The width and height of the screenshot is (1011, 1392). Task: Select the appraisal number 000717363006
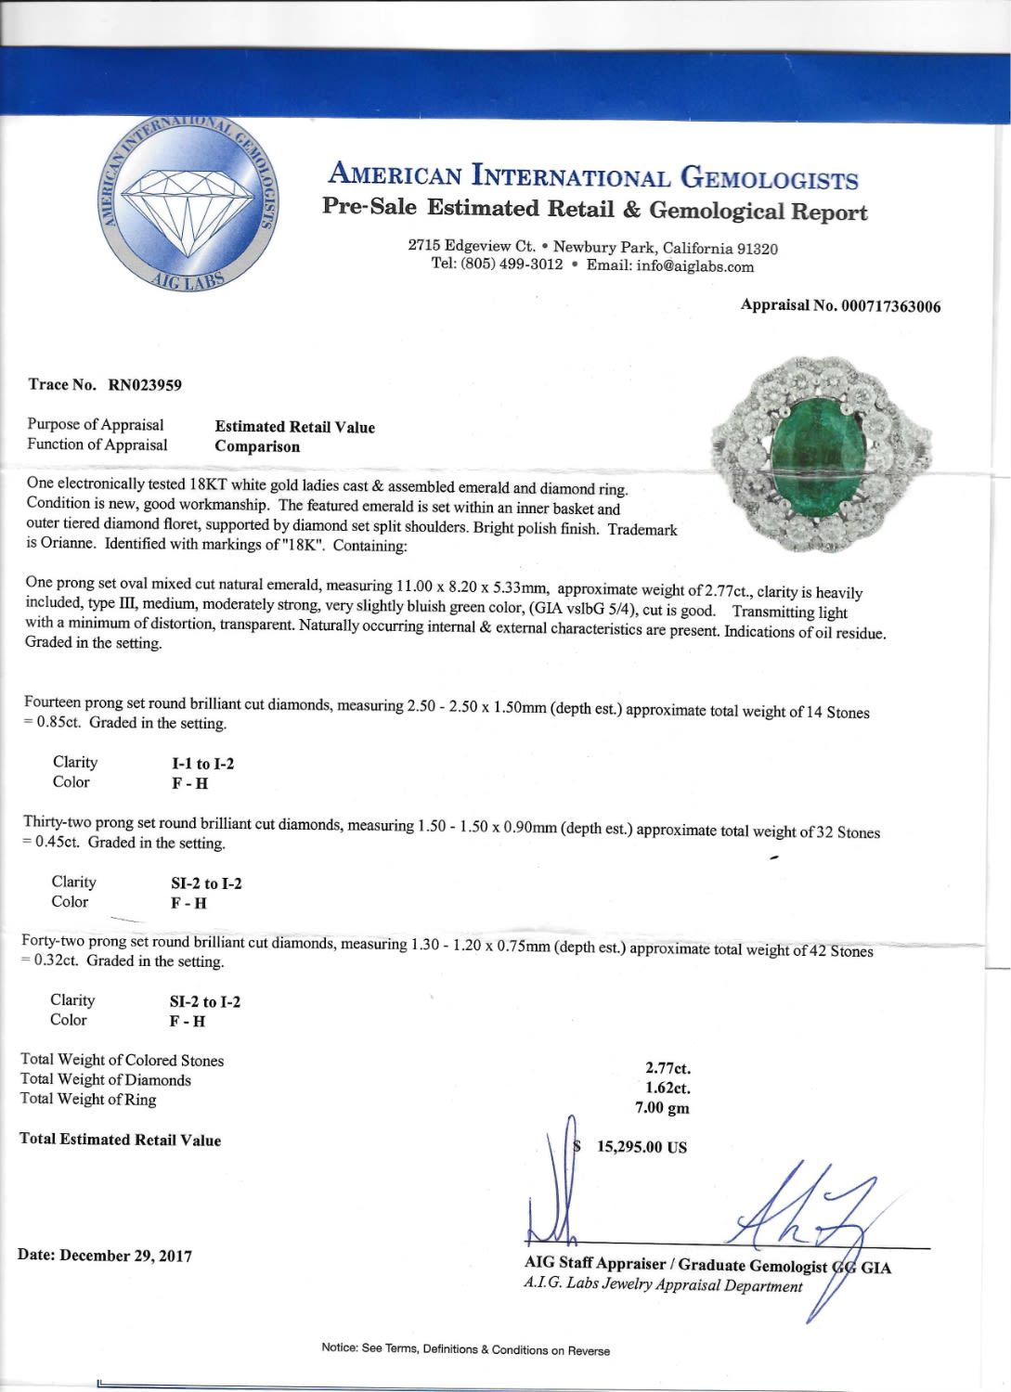(x=890, y=306)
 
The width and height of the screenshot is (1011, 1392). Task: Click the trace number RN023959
(x=145, y=384)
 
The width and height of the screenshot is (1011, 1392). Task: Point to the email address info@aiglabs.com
(x=694, y=267)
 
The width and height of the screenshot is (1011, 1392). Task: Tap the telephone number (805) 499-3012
(x=512, y=264)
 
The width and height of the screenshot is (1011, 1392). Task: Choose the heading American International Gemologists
(x=593, y=175)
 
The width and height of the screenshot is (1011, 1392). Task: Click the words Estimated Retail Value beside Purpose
(x=294, y=427)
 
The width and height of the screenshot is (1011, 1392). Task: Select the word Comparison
(x=257, y=446)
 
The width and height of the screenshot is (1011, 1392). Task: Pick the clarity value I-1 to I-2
(x=202, y=764)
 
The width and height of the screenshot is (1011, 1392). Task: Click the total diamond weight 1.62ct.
(x=668, y=1088)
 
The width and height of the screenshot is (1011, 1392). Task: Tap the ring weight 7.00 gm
(x=662, y=1107)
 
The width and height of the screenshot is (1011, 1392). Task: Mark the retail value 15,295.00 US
(x=642, y=1147)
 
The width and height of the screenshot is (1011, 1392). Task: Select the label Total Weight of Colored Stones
(x=122, y=1060)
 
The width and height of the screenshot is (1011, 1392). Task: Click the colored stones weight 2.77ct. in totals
(x=668, y=1068)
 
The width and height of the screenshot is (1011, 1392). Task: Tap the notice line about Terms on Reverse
(x=465, y=1349)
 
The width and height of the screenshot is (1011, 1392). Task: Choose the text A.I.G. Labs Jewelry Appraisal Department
(x=662, y=1285)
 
